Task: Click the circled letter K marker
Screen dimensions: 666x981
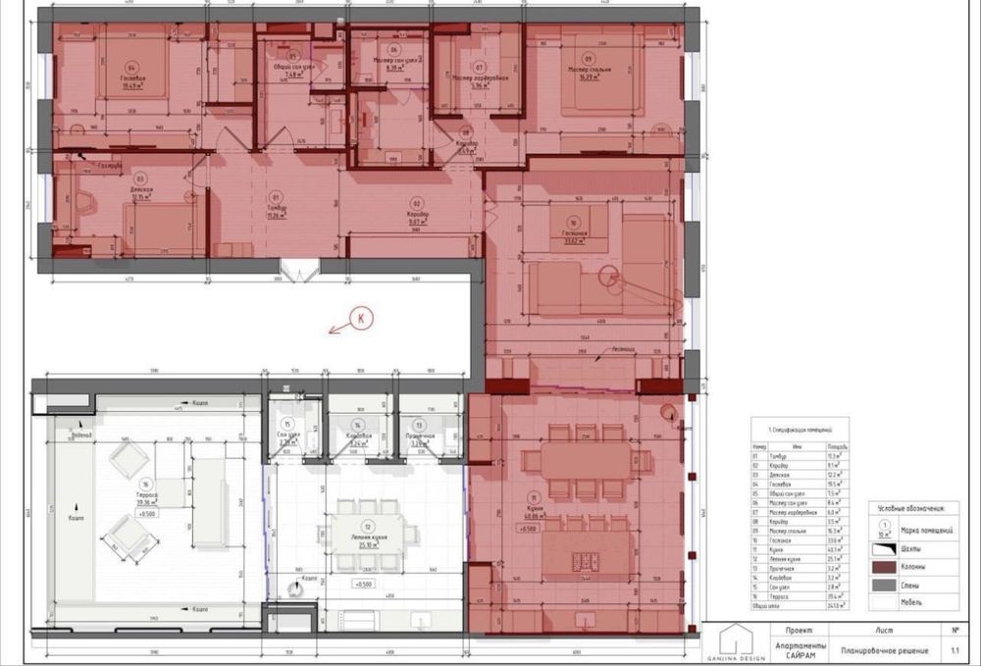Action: [360, 319]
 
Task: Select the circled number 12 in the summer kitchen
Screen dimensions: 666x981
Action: [366, 526]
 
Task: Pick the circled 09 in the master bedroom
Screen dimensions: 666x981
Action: [589, 58]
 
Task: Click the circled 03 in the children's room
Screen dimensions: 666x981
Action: [140, 179]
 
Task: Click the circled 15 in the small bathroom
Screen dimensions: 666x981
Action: [286, 424]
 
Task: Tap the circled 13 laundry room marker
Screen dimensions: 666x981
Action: [419, 425]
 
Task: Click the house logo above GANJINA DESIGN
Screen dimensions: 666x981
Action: [735, 641]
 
